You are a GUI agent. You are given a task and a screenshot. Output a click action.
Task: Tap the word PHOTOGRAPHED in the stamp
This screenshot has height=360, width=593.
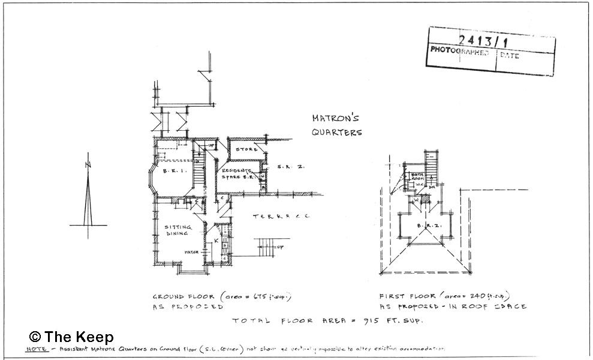tap(459, 52)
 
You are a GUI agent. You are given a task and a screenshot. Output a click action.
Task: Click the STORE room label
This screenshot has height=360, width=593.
tap(246, 149)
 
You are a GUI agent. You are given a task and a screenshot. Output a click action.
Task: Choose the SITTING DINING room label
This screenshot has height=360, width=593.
tap(178, 230)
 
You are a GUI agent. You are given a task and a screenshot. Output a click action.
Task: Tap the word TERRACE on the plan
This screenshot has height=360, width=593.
tap(281, 215)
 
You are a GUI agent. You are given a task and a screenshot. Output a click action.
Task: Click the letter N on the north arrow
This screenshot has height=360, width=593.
tap(88, 164)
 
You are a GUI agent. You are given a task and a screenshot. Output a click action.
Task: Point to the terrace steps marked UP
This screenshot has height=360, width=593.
tap(268, 245)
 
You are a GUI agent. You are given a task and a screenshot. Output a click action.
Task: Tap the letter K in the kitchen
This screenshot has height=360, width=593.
tap(216, 240)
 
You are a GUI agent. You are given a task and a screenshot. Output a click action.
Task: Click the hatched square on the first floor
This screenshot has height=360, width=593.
tap(427, 201)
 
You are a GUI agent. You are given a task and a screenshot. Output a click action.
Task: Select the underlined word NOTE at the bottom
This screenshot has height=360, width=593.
tap(37, 349)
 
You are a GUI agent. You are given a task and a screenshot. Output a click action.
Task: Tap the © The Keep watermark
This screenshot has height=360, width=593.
tap(71, 337)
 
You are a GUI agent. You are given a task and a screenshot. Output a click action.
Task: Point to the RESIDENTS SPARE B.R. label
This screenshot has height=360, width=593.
tap(238, 174)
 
